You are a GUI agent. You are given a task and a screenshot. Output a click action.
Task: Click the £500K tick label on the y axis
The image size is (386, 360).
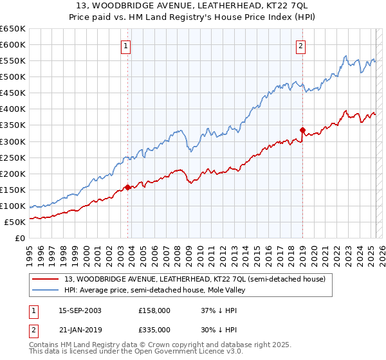[12, 77]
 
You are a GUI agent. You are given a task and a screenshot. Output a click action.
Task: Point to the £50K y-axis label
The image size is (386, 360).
[15, 222]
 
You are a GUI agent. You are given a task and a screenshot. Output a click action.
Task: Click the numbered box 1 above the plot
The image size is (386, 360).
[125, 46]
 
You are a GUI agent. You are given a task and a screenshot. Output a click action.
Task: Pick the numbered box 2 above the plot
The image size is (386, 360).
[300, 46]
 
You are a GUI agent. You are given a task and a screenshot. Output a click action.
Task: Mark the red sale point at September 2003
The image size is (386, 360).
[128, 187]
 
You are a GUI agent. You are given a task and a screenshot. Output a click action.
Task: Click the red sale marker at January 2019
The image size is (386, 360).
[302, 130]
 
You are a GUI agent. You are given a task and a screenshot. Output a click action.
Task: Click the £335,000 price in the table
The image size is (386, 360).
[154, 329]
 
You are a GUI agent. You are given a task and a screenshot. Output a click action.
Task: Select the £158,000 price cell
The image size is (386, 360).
[154, 310]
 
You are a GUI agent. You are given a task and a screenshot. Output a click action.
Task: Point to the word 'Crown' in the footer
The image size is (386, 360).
[165, 345]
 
